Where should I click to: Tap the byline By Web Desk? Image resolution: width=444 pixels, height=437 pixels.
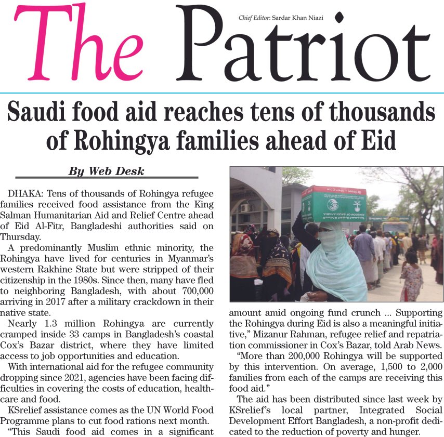[x=107, y=171]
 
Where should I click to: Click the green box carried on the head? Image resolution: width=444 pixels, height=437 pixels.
[x=334, y=204]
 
